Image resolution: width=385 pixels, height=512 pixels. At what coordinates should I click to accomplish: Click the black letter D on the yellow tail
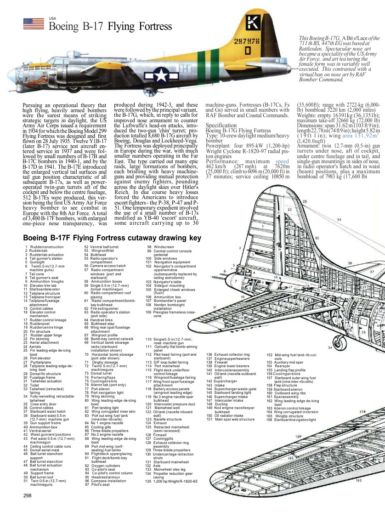click(247, 51)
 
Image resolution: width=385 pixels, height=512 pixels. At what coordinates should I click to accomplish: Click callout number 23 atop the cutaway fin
click(305, 202)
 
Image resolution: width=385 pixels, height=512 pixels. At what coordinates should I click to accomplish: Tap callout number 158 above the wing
click(362, 411)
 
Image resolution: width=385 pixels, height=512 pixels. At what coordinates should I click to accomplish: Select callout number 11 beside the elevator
click(214, 307)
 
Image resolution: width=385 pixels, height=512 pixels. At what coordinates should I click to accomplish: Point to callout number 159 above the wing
click(298, 437)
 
